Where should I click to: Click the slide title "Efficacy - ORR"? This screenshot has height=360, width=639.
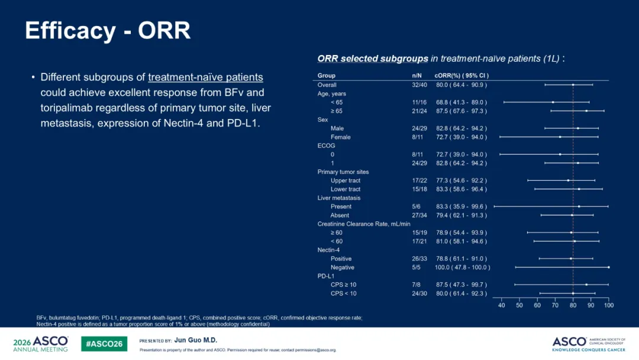108,31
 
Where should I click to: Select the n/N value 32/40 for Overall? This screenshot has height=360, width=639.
419,85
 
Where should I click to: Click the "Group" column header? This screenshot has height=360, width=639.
327,75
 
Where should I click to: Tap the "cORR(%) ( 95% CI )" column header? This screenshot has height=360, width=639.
461,75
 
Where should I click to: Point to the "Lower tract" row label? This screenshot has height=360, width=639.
346,189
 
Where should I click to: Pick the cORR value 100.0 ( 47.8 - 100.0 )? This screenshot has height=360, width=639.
462,268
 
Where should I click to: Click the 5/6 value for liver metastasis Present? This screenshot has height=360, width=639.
416,207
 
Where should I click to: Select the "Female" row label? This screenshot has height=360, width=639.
341,137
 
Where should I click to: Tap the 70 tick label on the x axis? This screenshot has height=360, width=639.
555,306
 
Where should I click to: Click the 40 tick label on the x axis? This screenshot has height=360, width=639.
501,306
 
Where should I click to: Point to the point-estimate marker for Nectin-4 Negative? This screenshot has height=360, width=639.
609,268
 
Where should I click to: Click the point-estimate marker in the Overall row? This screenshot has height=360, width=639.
573,85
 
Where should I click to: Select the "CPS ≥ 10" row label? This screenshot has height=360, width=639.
344,285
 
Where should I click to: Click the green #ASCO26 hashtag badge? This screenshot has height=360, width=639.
104,343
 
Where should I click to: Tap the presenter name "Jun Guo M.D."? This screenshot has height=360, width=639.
196,340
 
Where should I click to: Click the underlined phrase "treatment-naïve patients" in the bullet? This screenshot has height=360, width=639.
205,78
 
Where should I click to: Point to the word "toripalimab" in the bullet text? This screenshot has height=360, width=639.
65,108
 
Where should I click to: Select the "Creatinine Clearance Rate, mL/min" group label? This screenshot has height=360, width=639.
364,224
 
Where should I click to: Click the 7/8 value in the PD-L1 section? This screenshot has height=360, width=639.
416,285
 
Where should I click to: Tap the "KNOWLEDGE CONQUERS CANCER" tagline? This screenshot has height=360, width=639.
589,349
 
